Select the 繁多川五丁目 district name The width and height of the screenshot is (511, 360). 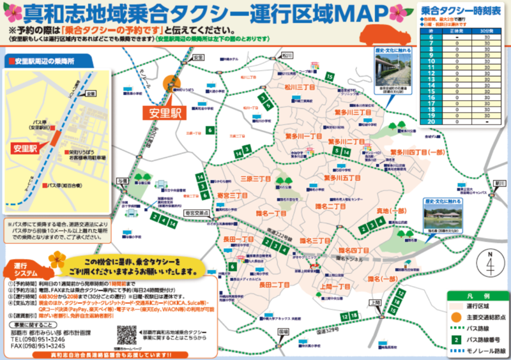point(342,177)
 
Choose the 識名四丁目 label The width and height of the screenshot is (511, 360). point(354,250)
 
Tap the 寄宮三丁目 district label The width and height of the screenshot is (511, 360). point(233,194)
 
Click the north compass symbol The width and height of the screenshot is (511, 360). point(491,262)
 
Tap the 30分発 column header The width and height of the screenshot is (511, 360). point(487,31)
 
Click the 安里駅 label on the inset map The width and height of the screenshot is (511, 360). point(24,148)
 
